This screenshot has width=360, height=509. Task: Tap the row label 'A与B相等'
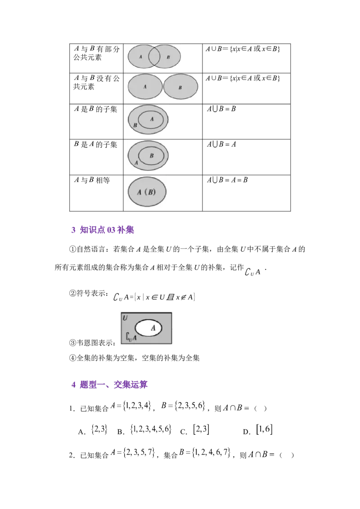[x=92, y=180]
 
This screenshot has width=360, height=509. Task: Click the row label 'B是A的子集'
[x=95, y=144]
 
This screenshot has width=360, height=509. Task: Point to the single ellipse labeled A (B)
[x=147, y=192]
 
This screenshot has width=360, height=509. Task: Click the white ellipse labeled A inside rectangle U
[x=148, y=328]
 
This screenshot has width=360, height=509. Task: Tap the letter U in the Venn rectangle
[x=125, y=318]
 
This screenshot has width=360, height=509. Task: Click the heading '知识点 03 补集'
[x=107, y=230]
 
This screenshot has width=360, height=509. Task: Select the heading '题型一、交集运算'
[x=113, y=384]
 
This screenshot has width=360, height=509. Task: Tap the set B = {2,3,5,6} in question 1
[x=183, y=406]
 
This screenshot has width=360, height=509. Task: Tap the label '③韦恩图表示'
[x=92, y=343]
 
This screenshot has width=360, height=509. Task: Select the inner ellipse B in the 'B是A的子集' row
[x=151, y=156]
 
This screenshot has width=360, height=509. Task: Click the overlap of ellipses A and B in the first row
[x=154, y=57]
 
